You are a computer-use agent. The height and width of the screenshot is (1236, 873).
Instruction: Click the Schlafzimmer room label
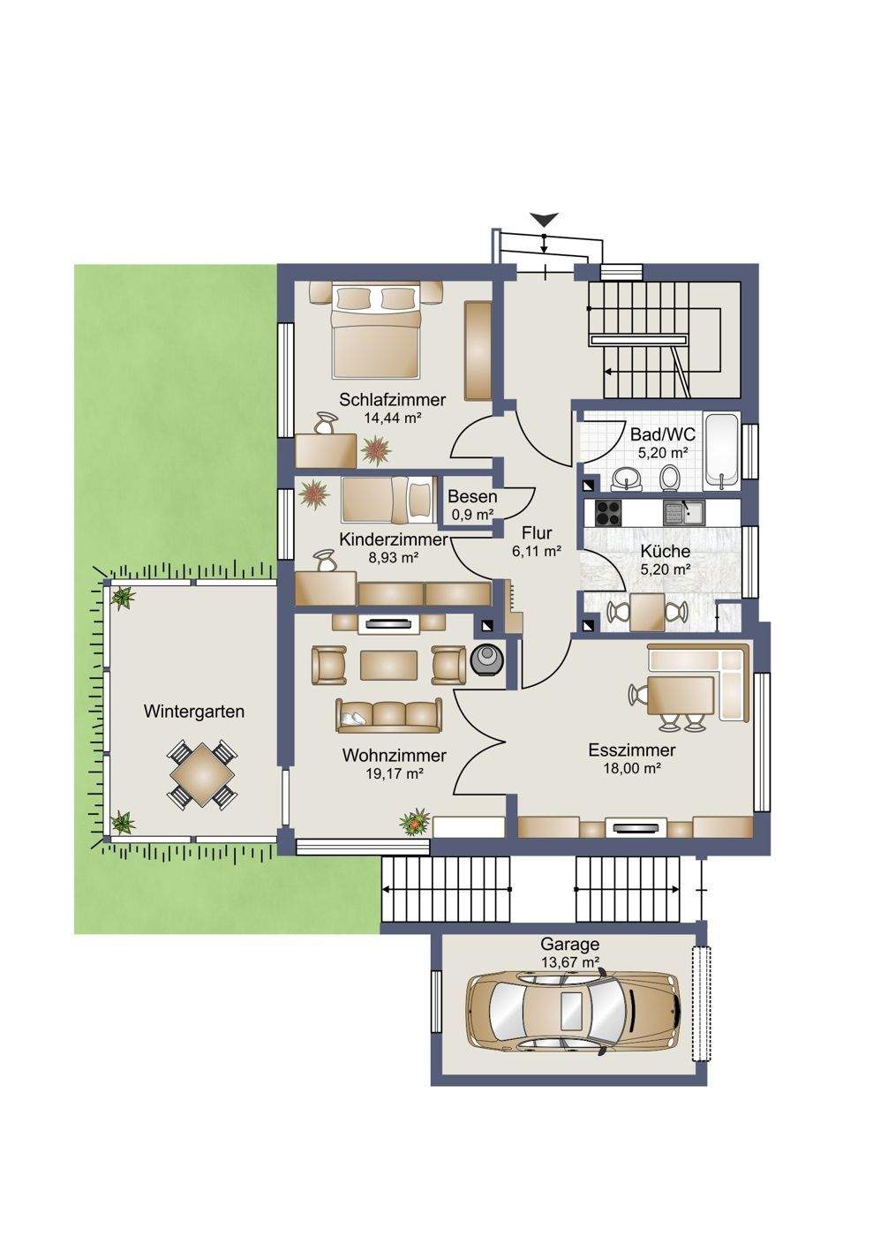[x=392, y=399]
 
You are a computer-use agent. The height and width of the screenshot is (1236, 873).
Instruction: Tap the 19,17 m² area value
[x=394, y=773]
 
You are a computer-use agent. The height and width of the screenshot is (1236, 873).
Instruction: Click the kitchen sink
[x=684, y=513]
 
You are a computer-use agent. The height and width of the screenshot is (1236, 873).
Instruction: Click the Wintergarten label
[x=193, y=712]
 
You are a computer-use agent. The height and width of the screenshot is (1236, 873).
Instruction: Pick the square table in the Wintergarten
[x=203, y=776]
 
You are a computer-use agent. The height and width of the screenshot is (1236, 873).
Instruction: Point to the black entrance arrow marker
[x=544, y=219]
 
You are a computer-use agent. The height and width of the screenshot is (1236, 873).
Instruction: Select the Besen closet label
[x=472, y=496]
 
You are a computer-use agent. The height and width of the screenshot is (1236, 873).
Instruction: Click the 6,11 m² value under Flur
[x=537, y=551]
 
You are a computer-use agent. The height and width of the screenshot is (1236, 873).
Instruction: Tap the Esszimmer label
[x=632, y=750]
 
